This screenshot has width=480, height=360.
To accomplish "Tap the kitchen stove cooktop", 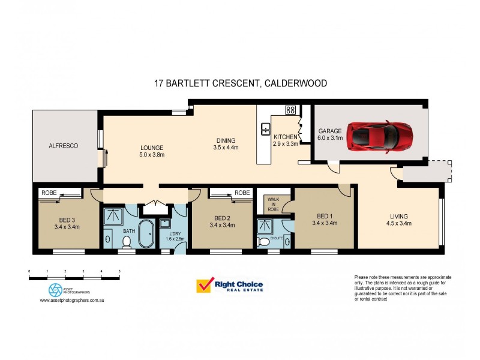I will click(x=290, y=110).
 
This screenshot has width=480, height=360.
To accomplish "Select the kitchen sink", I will click(x=265, y=128).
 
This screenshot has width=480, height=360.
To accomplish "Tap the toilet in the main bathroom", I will click(x=126, y=242).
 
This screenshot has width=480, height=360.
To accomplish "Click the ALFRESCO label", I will click(x=64, y=146).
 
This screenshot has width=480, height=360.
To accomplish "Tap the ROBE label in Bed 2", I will click(x=242, y=193).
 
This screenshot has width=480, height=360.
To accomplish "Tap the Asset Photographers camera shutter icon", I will click(x=55, y=290).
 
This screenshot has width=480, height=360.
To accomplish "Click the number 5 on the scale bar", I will click(x=119, y=272).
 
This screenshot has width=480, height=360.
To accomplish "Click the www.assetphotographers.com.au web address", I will click(x=72, y=301).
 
